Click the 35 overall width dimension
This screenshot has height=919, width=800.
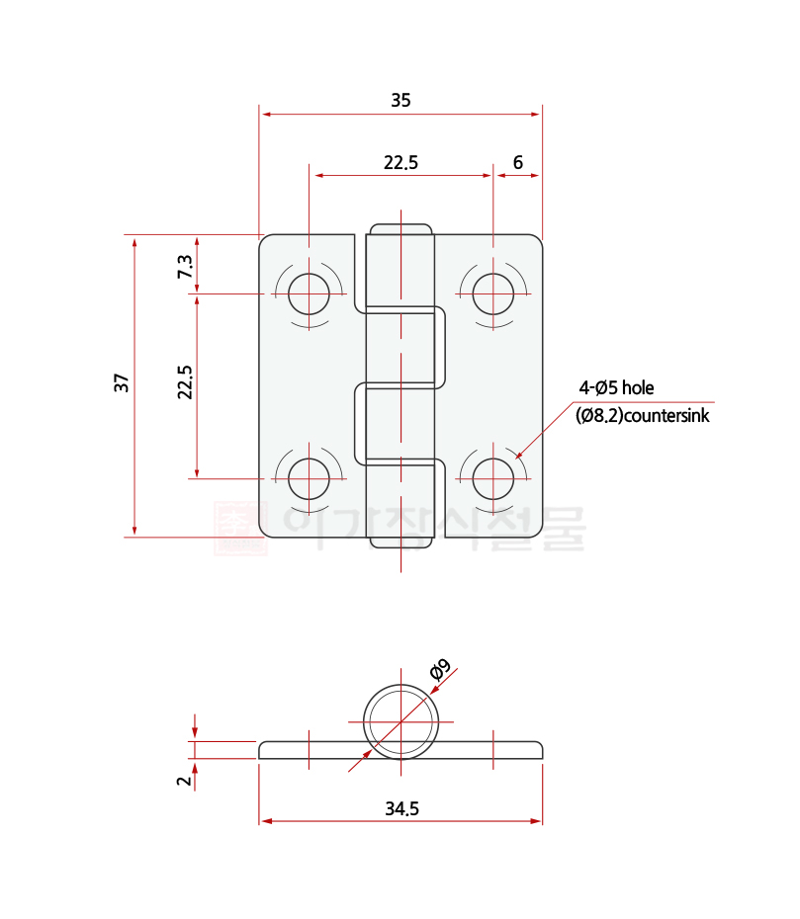pos(400,100)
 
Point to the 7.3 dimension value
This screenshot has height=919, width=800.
pos(185,266)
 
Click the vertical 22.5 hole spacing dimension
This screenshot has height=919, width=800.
pos(185,382)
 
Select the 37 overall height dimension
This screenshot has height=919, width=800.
pos(122,383)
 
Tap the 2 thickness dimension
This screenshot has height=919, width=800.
pos(183,780)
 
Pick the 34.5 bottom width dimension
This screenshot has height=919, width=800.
pos(401,808)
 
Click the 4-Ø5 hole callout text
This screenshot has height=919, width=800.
pos(616,387)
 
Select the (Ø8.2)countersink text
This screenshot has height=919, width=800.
pos(642,416)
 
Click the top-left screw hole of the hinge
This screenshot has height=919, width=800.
pos(310,293)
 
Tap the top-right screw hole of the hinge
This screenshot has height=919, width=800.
pos(492,293)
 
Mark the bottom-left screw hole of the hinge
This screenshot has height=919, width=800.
pos(310,478)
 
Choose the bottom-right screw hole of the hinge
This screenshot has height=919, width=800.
pos(492,478)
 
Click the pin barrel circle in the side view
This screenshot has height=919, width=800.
pos(400,719)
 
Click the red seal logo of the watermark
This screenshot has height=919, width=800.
pos(240,529)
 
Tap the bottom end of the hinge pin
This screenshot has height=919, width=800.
pos(400,543)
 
